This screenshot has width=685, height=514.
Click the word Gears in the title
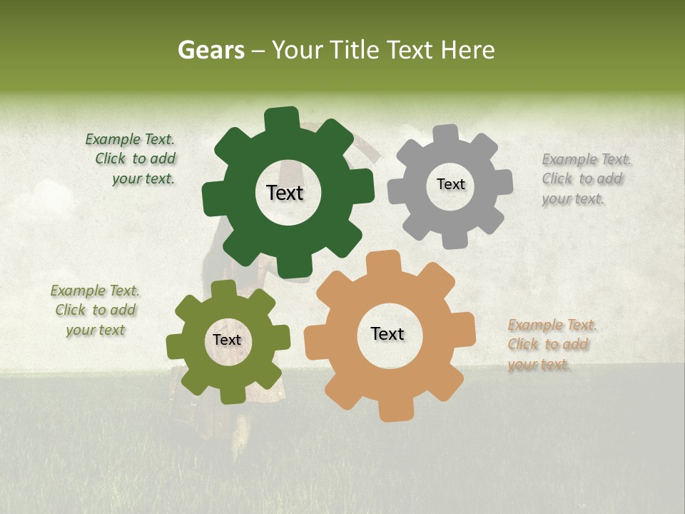[x=210, y=50]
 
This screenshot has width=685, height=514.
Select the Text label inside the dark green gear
[x=285, y=193]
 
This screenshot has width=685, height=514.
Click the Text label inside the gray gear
[x=450, y=184]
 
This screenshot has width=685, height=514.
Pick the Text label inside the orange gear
[x=387, y=334]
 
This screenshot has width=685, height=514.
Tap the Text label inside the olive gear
[x=227, y=341]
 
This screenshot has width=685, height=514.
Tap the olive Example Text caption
[x=95, y=311]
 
